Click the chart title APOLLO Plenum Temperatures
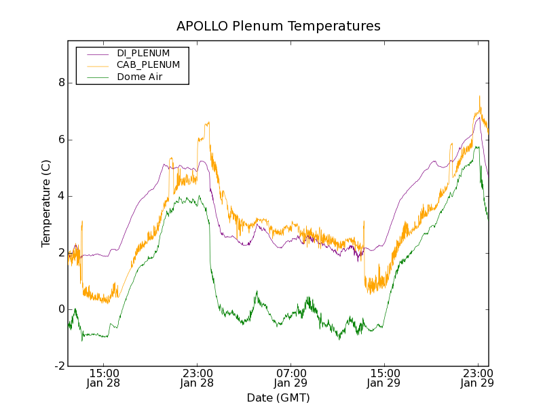click(x=278, y=26)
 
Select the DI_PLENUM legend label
click(x=143, y=53)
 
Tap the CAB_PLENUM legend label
click(x=148, y=65)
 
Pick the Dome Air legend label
click(x=140, y=77)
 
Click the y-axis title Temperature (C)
click(x=46, y=203)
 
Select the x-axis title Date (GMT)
click(x=278, y=398)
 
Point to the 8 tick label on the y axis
click(x=61, y=83)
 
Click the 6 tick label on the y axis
click(x=61, y=140)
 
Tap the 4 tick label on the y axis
click(x=61, y=196)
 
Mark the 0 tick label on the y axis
click(x=61, y=310)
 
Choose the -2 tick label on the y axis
click(x=59, y=366)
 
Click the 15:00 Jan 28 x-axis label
click(x=103, y=378)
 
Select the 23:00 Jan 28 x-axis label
click(x=197, y=378)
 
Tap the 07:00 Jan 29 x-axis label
click(x=291, y=378)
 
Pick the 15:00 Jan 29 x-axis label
click(x=384, y=378)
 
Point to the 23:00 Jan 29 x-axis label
click(x=478, y=378)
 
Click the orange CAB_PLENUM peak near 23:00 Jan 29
click(x=479, y=97)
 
